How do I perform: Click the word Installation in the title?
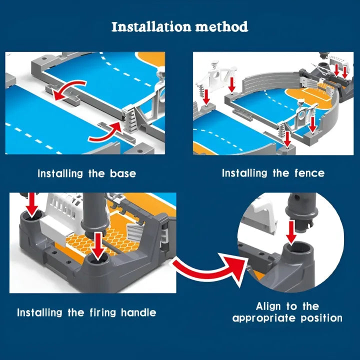(151, 26)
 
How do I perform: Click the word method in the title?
(221, 26)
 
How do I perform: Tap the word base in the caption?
(123, 173)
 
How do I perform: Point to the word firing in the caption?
(103, 313)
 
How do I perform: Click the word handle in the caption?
(138, 312)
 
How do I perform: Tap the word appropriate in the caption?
(264, 318)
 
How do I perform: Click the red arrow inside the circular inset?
(291, 232)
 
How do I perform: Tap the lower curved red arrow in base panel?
(106, 133)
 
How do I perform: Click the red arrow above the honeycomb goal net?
(98, 246)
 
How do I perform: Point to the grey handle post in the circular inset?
(301, 210)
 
